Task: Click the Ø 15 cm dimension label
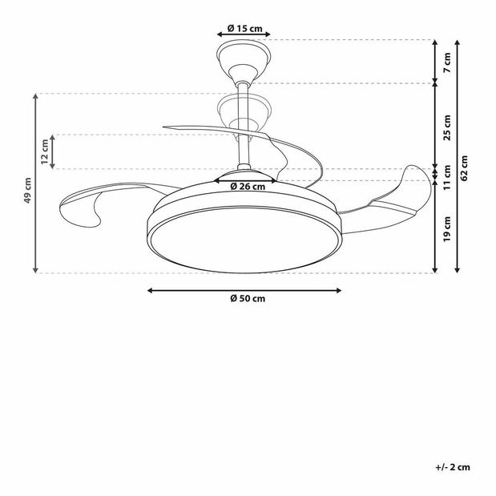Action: (245, 28)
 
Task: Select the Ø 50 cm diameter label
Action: (246, 299)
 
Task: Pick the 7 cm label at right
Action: (448, 58)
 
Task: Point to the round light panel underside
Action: (246, 244)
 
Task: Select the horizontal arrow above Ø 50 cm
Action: (245, 289)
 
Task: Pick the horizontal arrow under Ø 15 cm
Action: (245, 35)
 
